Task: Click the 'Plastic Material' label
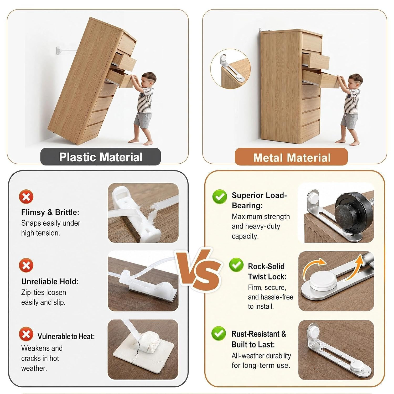(x=101, y=157)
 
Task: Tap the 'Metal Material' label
(x=292, y=158)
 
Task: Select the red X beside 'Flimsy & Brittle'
(x=26, y=196)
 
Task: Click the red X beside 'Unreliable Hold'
(x=26, y=265)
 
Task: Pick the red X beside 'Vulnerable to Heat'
(x=26, y=334)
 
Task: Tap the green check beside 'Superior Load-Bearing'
(x=220, y=196)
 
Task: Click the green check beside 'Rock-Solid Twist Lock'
(x=236, y=265)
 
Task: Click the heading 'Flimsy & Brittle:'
(x=50, y=212)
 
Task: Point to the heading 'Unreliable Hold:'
(x=50, y=282)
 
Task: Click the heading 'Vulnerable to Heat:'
(x=66, y=336)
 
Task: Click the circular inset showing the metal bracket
(x=230, y=69)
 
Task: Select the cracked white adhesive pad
(x=143, y=352)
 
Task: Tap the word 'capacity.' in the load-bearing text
(x=245, y=236)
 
